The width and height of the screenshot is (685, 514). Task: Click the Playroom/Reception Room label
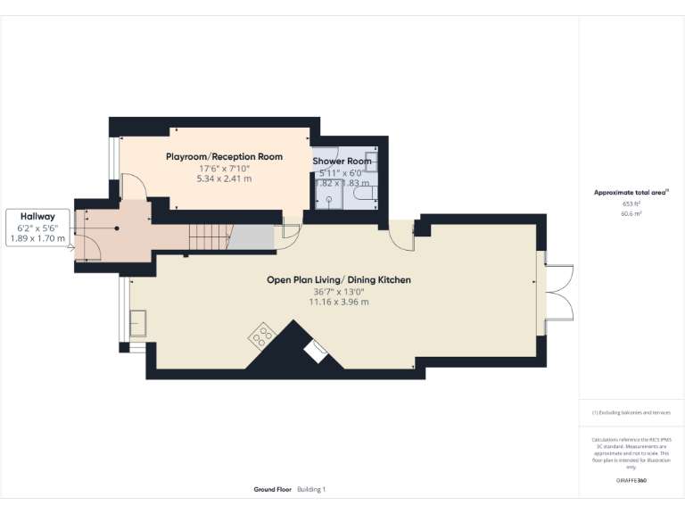(x=224, y=156)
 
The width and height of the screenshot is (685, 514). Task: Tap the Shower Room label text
(x=342, y=162)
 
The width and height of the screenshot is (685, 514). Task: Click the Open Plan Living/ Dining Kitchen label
(x=339, y=279)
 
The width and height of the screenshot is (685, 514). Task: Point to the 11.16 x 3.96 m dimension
(x=339, y=302)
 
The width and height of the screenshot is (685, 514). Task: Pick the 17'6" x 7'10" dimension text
(x=224, y=168)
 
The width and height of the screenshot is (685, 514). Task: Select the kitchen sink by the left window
(x=138, y=322)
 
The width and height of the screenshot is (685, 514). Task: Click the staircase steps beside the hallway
(x=205, y=237)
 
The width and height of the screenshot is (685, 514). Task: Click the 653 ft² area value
(x=631, y=203)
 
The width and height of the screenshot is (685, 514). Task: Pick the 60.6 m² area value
(x=631, y=214)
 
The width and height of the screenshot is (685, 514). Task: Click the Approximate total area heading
(x=631, y=192)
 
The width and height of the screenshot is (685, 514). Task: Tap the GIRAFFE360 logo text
(x=631, y=480)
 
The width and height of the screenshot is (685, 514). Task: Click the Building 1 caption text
(x=312, y=489)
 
